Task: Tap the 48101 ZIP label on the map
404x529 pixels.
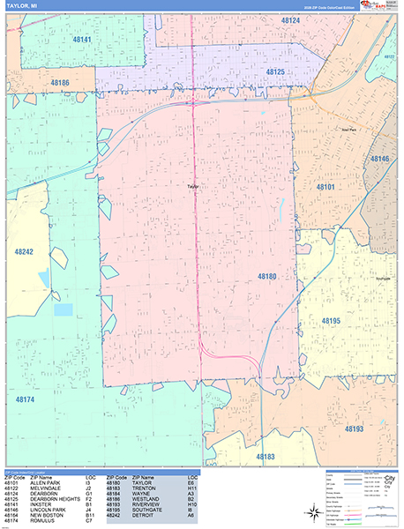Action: [325, 187]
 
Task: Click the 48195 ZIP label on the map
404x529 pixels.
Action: [331, 321]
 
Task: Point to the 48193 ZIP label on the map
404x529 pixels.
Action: [354, 428]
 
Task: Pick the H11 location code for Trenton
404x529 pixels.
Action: [191, 488]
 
